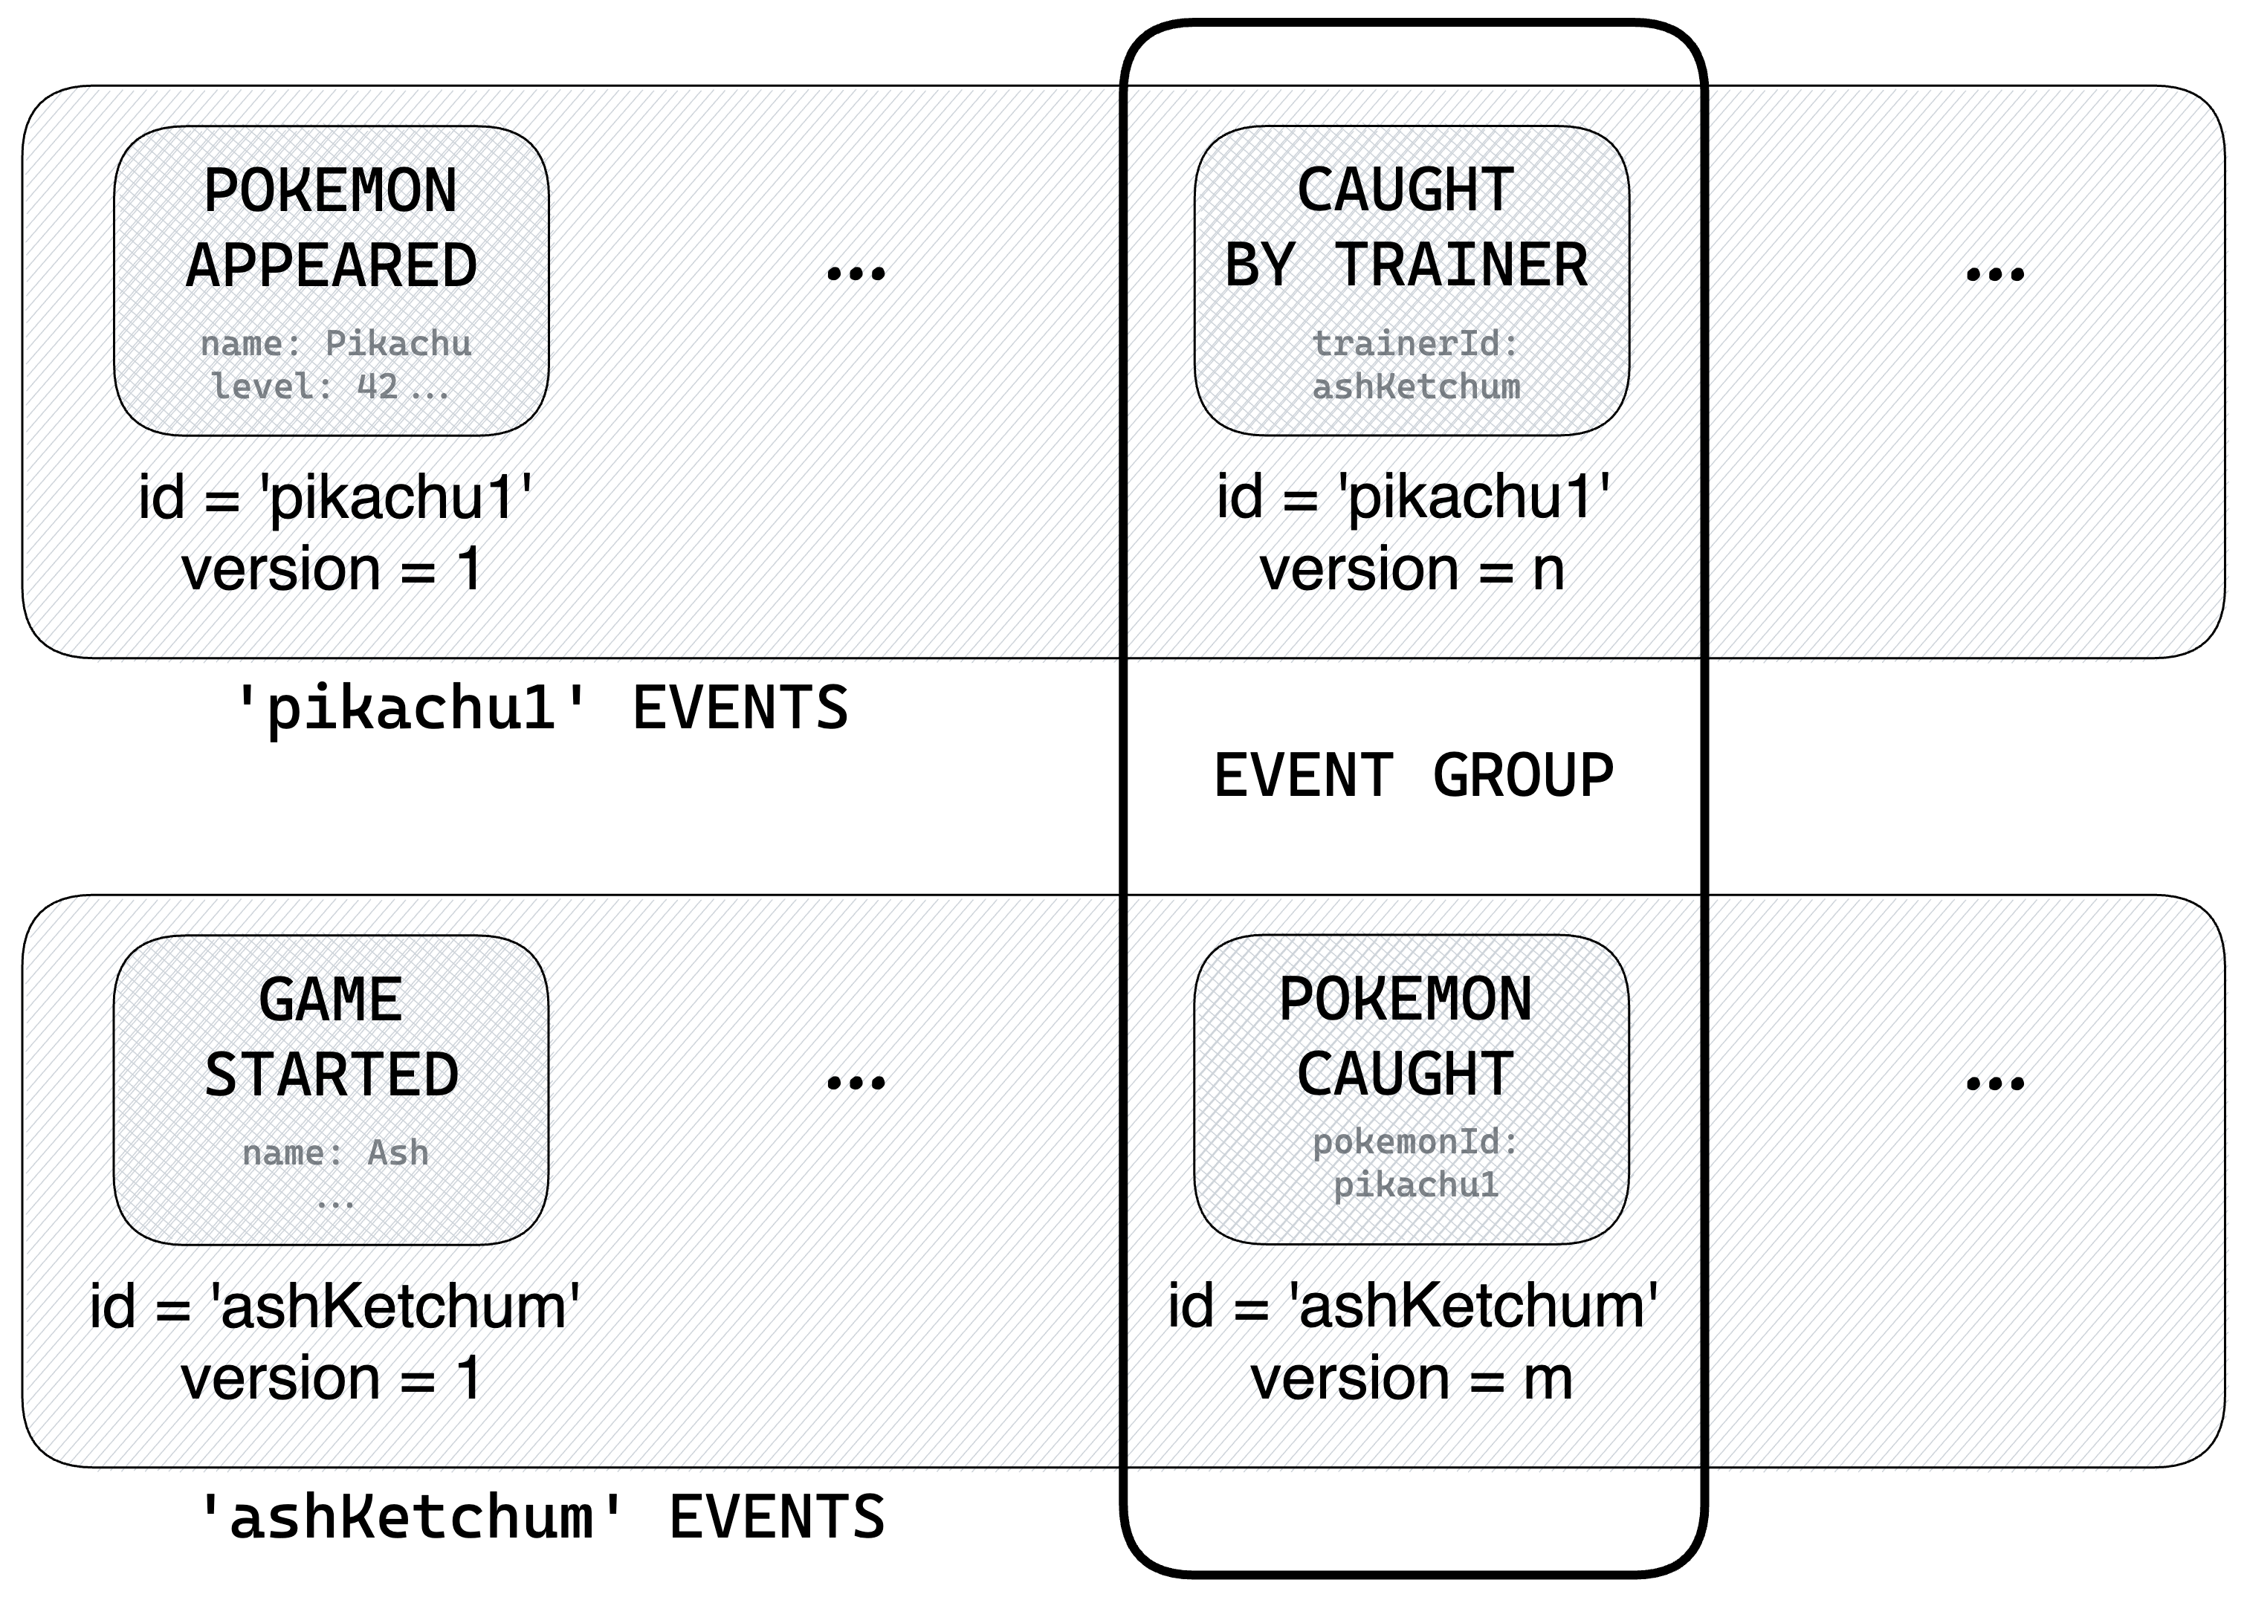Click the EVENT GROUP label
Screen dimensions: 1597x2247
1413,776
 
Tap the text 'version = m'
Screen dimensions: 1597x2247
1411,1379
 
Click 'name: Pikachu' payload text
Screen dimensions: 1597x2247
335,343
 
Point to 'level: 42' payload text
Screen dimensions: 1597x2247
305,386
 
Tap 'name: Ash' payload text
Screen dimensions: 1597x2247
335,1153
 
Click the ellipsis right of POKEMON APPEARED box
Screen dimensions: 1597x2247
856,273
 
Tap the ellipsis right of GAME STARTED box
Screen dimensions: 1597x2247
856,1083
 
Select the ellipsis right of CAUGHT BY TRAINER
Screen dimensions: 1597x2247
1994,273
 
